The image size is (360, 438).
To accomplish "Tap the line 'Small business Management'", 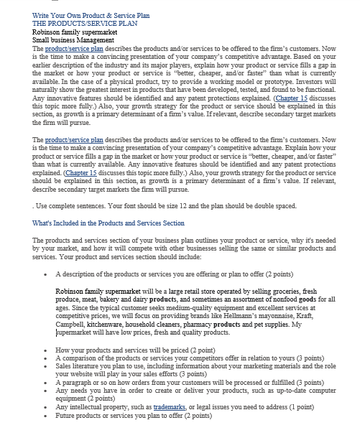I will tap(73, 39).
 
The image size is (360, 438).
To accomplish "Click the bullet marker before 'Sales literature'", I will tap(46, 365).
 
